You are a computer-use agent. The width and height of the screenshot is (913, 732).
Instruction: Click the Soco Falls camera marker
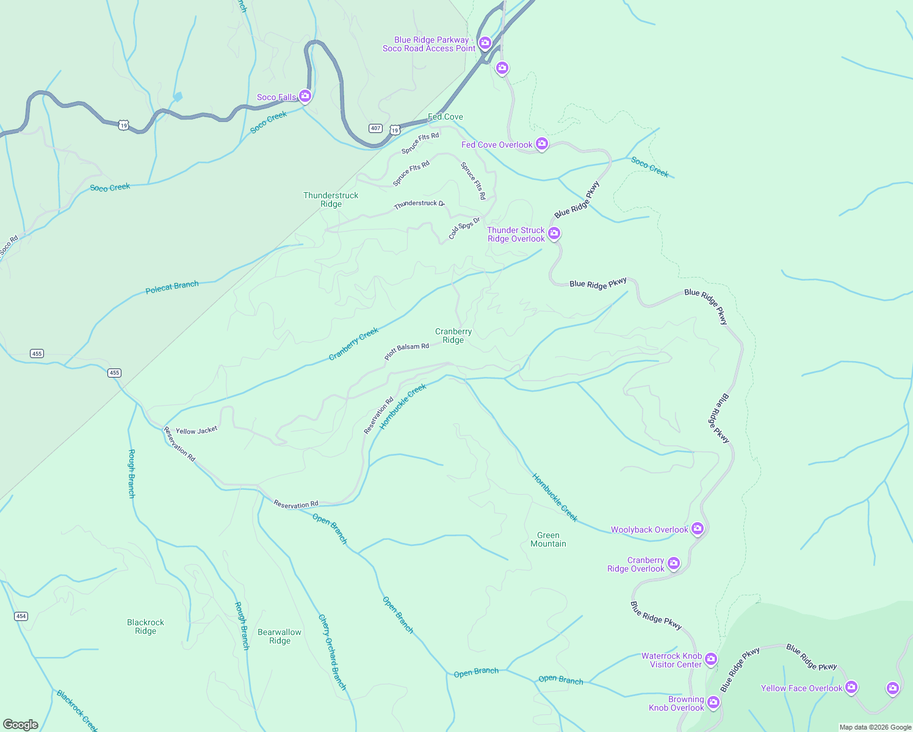coord(305,96)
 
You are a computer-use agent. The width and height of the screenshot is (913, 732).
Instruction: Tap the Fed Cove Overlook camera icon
coord(541,144)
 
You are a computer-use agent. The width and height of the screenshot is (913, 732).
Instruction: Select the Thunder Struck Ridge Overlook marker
coord(554,233)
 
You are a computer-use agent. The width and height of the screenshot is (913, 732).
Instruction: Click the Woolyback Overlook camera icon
coord(698,529)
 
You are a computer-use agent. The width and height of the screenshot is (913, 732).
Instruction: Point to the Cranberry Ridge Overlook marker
coord(674,563)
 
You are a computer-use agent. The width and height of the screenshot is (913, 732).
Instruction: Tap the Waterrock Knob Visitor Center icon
coord(711,659)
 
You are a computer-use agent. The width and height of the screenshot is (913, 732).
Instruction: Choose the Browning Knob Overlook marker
coord(713,703)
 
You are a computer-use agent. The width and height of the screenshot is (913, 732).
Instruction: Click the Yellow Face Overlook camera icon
coord(851,687)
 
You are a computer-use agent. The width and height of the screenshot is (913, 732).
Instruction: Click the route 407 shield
coord(375,128)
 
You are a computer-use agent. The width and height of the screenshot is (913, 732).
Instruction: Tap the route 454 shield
coord(21,616)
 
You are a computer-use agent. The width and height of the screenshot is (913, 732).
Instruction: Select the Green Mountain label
coord(548,540)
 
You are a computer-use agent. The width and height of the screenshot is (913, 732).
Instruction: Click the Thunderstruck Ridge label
coord(331,199)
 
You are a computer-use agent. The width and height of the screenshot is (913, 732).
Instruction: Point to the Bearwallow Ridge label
coord(280,636)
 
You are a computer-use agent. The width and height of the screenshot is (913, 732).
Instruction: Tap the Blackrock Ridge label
coord(145,626)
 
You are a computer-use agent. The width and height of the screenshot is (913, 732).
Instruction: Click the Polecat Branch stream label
coord(172,287)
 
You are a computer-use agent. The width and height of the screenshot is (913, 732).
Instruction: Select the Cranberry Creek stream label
coord(354,343)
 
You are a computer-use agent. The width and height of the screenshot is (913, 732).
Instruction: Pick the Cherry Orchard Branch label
coord(333,652)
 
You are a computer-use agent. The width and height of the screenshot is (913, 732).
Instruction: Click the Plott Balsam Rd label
coord(406,351)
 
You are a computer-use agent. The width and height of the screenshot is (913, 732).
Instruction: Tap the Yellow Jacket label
coord(197,430)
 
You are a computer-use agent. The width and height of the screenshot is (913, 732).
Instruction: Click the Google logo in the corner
coord(21,725)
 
